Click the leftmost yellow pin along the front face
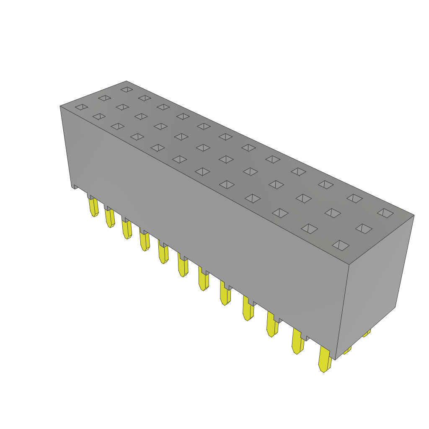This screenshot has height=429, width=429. pos(94,207)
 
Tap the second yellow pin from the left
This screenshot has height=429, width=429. pos(110,218)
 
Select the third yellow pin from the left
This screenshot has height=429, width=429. pos(127,229)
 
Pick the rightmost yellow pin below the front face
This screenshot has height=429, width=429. pos(325,359)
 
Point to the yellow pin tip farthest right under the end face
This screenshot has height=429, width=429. pos(367,333)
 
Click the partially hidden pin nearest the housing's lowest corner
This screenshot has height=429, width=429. pos(347,350)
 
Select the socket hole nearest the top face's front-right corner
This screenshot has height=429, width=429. pos(341,246)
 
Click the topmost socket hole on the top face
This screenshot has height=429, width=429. pos(127,89)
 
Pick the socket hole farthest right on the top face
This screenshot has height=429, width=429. pos(385,213)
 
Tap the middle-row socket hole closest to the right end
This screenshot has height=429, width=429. pos(364,228)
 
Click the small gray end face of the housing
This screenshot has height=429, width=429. pos(375,285)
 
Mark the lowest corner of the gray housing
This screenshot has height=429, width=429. pos(335,359)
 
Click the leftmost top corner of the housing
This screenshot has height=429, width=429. pos(60,106)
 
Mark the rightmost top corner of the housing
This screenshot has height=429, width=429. pos(414,215)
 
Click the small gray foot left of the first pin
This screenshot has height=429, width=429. pos(75,186)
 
